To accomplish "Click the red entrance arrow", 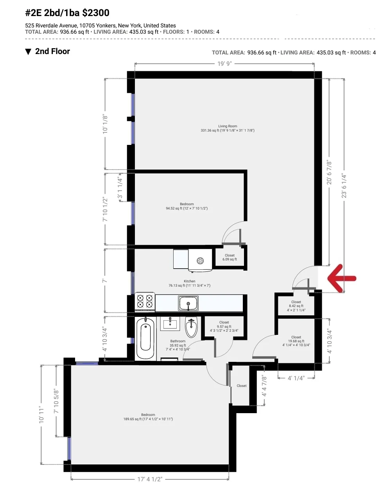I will tap(342, 278).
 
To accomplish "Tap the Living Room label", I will tap(228, 128).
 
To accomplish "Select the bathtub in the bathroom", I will tap(145, 339).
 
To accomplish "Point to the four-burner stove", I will tap(145, 301).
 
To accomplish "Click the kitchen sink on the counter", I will tap(188, 303).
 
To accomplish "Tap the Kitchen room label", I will tap(190, 283).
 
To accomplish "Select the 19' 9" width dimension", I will tap(224, 64).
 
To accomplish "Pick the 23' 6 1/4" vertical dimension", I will tap(344, 186).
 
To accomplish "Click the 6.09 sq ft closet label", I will tap(230, 257).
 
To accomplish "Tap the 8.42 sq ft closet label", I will tap(296, 306).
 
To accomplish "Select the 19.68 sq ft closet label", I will tap(296, 341).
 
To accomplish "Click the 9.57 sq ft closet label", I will tap(224, 326).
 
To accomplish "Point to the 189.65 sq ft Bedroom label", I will tap(148, 417).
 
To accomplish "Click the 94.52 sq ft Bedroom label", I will tap(187, 206).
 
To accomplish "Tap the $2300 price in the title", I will tap(96, 13).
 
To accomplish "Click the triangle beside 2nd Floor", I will tap(28, 52).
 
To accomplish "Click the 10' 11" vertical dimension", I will tap(41, 414).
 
